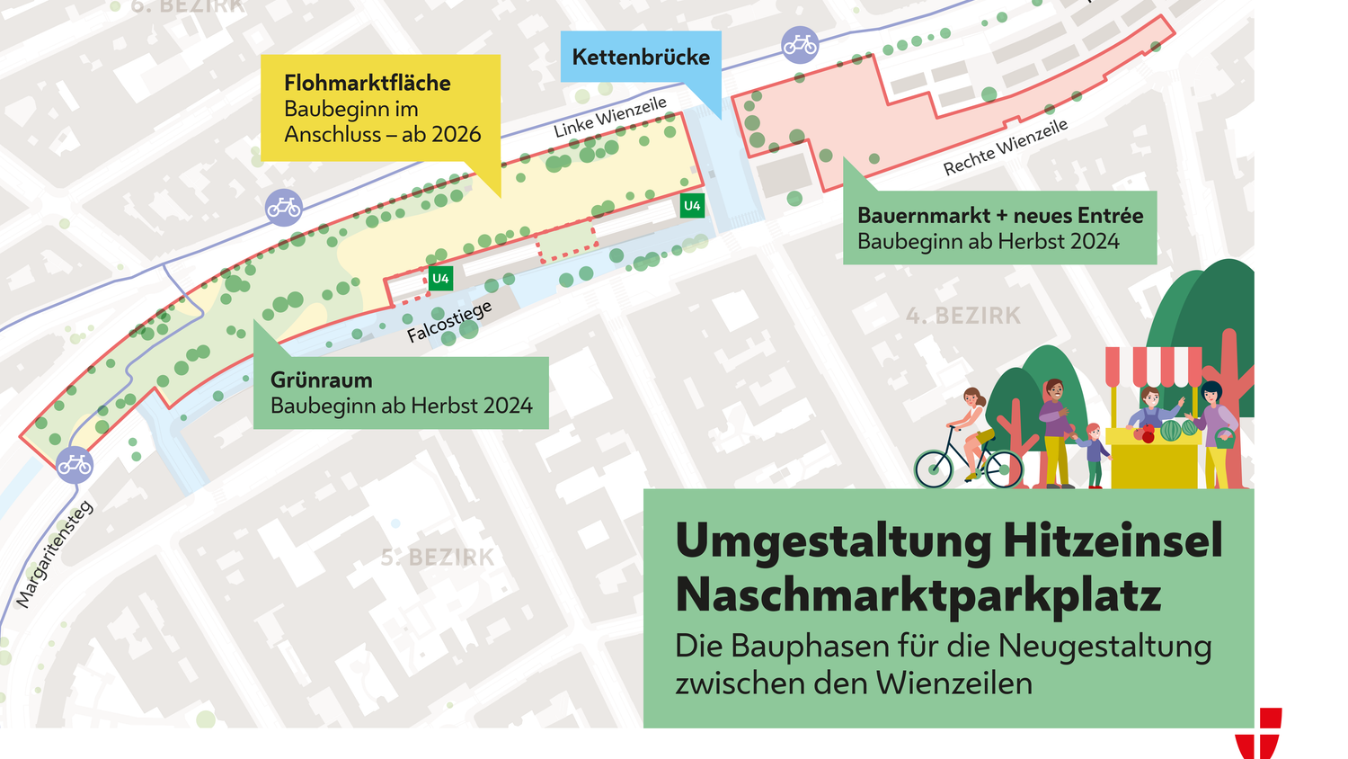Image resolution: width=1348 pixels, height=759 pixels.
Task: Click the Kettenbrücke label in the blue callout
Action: pyautogui.click(x=641, y=57)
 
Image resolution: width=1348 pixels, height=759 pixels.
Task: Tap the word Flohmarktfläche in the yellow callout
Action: pyautogui.click(x=367, y=83)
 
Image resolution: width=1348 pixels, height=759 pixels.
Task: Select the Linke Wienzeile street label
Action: pyautogui.click(x=610, y=117)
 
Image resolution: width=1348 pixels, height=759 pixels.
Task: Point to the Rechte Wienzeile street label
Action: pyautogui.click(x=1006, y=147)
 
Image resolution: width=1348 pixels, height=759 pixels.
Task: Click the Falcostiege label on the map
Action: pyautogui.click(x=449, y=321)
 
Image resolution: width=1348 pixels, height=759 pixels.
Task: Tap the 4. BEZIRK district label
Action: pyautogui.click(x=963, y=316)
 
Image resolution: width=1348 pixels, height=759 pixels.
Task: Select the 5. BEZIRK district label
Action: pyautogui.click(x=438, y=558)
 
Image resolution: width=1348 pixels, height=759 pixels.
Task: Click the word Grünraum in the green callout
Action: pyautogui.click(x=322, y=379)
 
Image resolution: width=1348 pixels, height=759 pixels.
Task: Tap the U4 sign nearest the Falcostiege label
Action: pyautogui.click(x=440, y=279)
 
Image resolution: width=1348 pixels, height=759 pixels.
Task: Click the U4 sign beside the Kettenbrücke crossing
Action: pyautogui.click(x=692, y=206)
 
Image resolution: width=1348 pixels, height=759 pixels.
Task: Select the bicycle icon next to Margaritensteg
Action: pyautogui.click(x=75, y=465)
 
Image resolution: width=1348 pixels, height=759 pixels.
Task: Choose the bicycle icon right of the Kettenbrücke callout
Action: pyautogui.click(x=800, y=44)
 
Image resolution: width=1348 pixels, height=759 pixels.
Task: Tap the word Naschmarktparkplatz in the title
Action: pyautogui.click(x=918, y=594)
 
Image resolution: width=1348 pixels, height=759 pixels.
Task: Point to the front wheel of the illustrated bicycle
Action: pyautogui.click(x=1003, y=468)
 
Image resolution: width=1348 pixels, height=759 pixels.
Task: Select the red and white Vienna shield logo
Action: pyautogui.click(x=1258, y=733)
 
